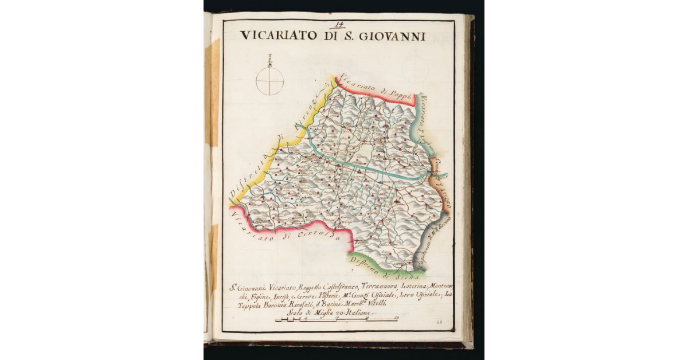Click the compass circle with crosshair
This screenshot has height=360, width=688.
coord(269,80)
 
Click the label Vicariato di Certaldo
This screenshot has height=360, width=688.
coord(287,226)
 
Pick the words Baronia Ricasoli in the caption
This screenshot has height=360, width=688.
coord(283,304)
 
